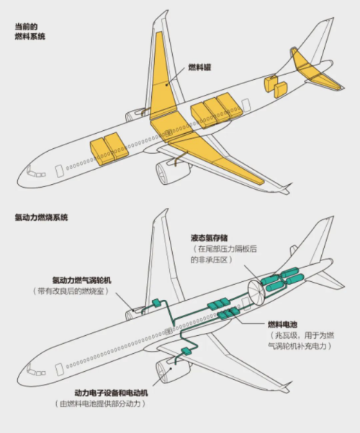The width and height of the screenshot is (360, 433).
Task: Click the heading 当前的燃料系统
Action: tap(30, 32)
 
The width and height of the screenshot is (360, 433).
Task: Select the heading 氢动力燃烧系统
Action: tap(42, 217)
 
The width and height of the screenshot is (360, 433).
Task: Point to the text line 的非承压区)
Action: tap(210, 258)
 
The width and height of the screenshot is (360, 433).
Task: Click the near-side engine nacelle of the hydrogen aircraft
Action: tap(172, 370)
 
